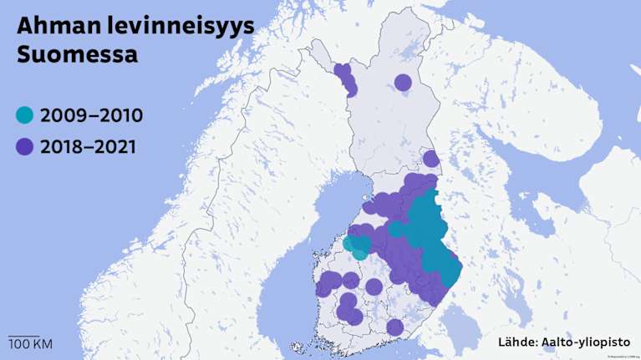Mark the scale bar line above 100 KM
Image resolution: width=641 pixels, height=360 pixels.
pyautogui.click(x=24, y=336)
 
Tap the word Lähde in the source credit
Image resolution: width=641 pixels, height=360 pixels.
pyautogui.click(x=519, y=342)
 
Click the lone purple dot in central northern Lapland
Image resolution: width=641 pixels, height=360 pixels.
pyautogui.click(x=402, y=83)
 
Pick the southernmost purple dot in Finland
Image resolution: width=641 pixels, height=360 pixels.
pyautogui.click(x=394, y=327)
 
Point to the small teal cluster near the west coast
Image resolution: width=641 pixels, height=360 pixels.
pyautogui.click(x=357, y=246)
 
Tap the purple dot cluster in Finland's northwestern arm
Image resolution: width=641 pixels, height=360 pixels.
pyautogui.click(x=345, y=79)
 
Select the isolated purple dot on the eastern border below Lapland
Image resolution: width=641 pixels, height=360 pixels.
pyautogui.click(x=431, y=159)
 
